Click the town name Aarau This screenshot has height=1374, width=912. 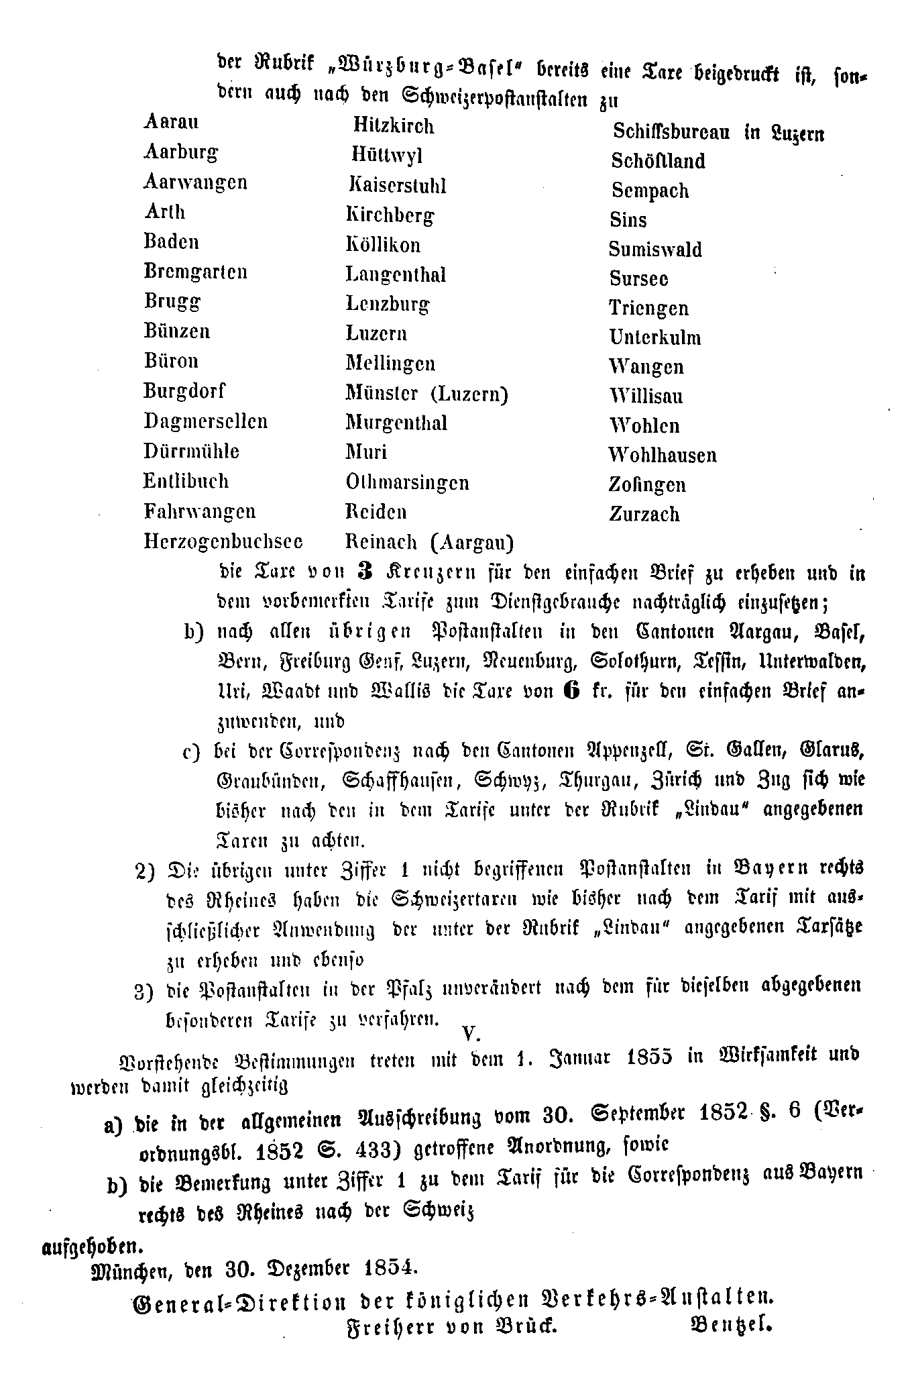(x=171, y=123)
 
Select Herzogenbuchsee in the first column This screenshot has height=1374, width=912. (x=223, y=541)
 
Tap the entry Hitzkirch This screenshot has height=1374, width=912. (x=394, y=126)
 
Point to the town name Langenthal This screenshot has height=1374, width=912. (x=396, y=275)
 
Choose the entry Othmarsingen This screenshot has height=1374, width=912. (x=407, y=482)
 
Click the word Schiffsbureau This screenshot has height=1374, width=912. (x=671, y=132)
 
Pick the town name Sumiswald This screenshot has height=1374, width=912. (x=655, y=250)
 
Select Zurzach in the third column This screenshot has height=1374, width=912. (x=644, y=515)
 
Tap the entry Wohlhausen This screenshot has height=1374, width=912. (x=663, y=456)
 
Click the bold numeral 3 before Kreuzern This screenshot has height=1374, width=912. (x=365, y=571)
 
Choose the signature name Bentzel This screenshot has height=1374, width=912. (x=730, y=1324)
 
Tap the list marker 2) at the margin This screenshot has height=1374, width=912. (x=146, y=870)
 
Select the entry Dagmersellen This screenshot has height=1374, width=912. (x=205, y=421)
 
